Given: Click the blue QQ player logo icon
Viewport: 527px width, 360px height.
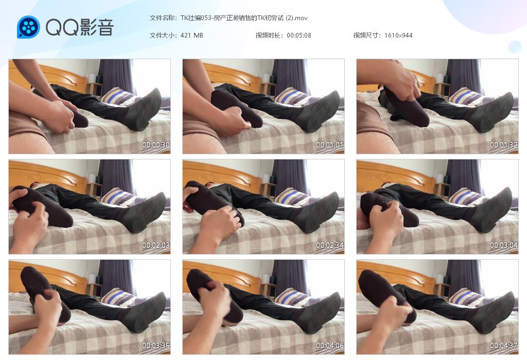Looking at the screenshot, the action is pos(29,27).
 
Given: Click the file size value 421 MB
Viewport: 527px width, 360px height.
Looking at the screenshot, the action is pos(191,35).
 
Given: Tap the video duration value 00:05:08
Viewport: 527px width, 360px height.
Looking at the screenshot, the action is pos(299,35).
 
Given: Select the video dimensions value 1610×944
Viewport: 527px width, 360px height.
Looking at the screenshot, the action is pos(398,35).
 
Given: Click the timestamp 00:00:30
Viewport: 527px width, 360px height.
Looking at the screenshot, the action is pos(155,145).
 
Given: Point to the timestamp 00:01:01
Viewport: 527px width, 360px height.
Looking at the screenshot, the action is pos(330,145).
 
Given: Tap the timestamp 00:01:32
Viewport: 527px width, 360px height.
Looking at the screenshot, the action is pos(504,145).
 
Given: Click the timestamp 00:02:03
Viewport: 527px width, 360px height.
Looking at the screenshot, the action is pos(155,245).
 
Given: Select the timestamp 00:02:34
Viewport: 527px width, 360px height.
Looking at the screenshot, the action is pos(330,245).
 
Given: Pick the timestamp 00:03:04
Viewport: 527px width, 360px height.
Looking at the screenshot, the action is pos(504,245).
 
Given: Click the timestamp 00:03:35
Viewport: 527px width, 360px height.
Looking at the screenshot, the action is pos(155,345).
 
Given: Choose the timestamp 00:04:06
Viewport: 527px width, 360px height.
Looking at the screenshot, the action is pos(330,345).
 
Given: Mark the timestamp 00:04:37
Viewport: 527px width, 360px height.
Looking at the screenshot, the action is pos(504,345).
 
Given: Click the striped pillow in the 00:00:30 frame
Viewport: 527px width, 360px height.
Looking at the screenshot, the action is pos(118,96).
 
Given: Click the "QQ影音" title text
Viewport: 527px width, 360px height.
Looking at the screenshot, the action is pos(79,27).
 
